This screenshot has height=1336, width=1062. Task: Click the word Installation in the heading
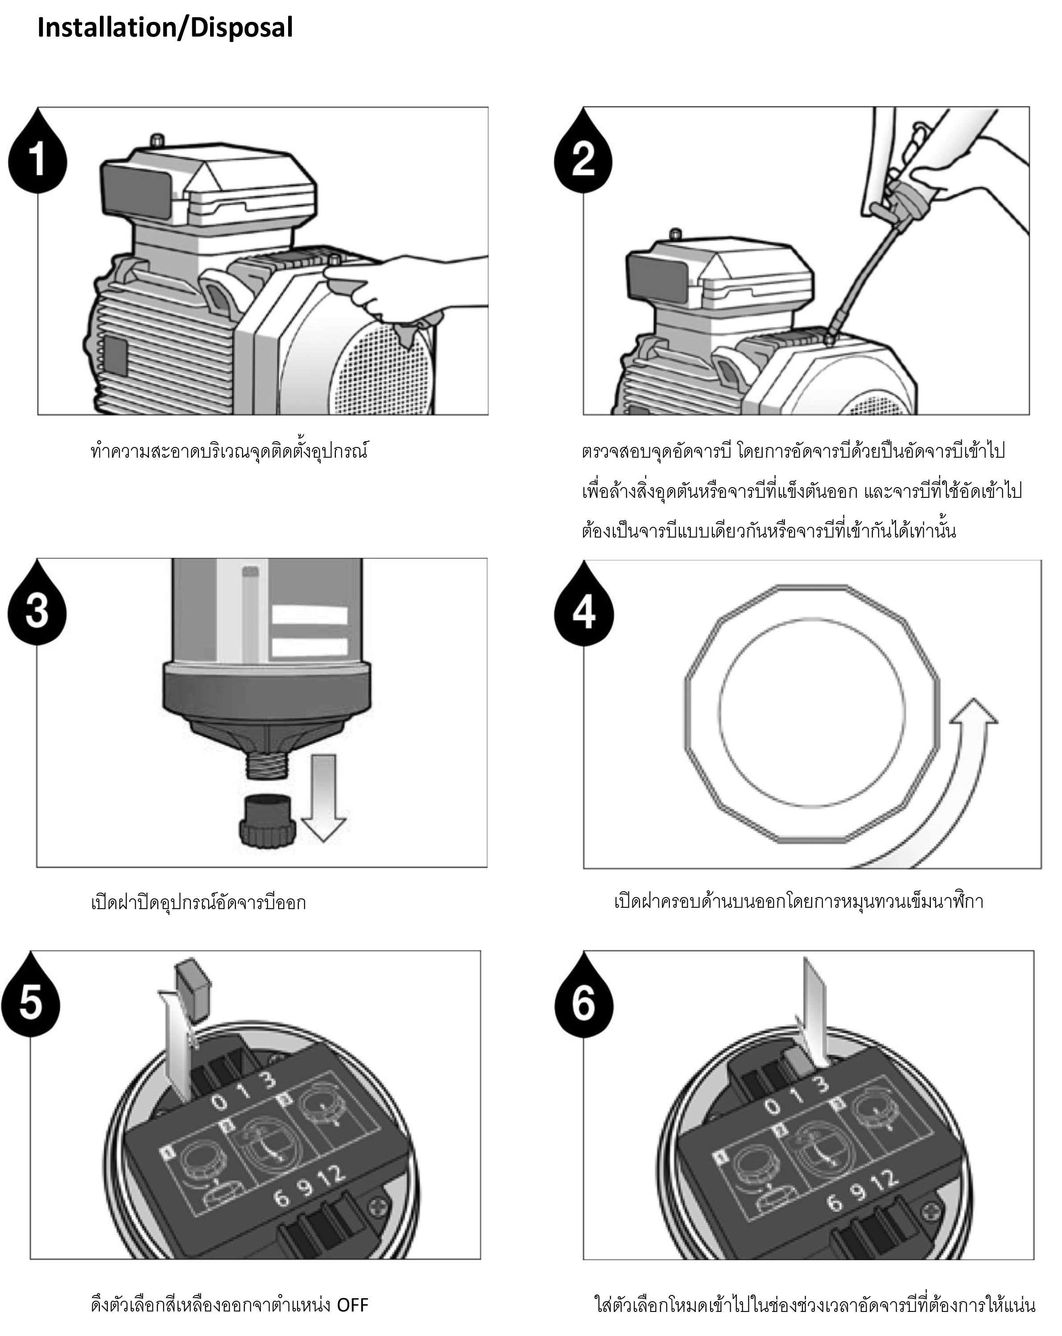105,28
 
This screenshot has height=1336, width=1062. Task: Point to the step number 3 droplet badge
37,610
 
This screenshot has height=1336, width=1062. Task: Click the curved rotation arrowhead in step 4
975,713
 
